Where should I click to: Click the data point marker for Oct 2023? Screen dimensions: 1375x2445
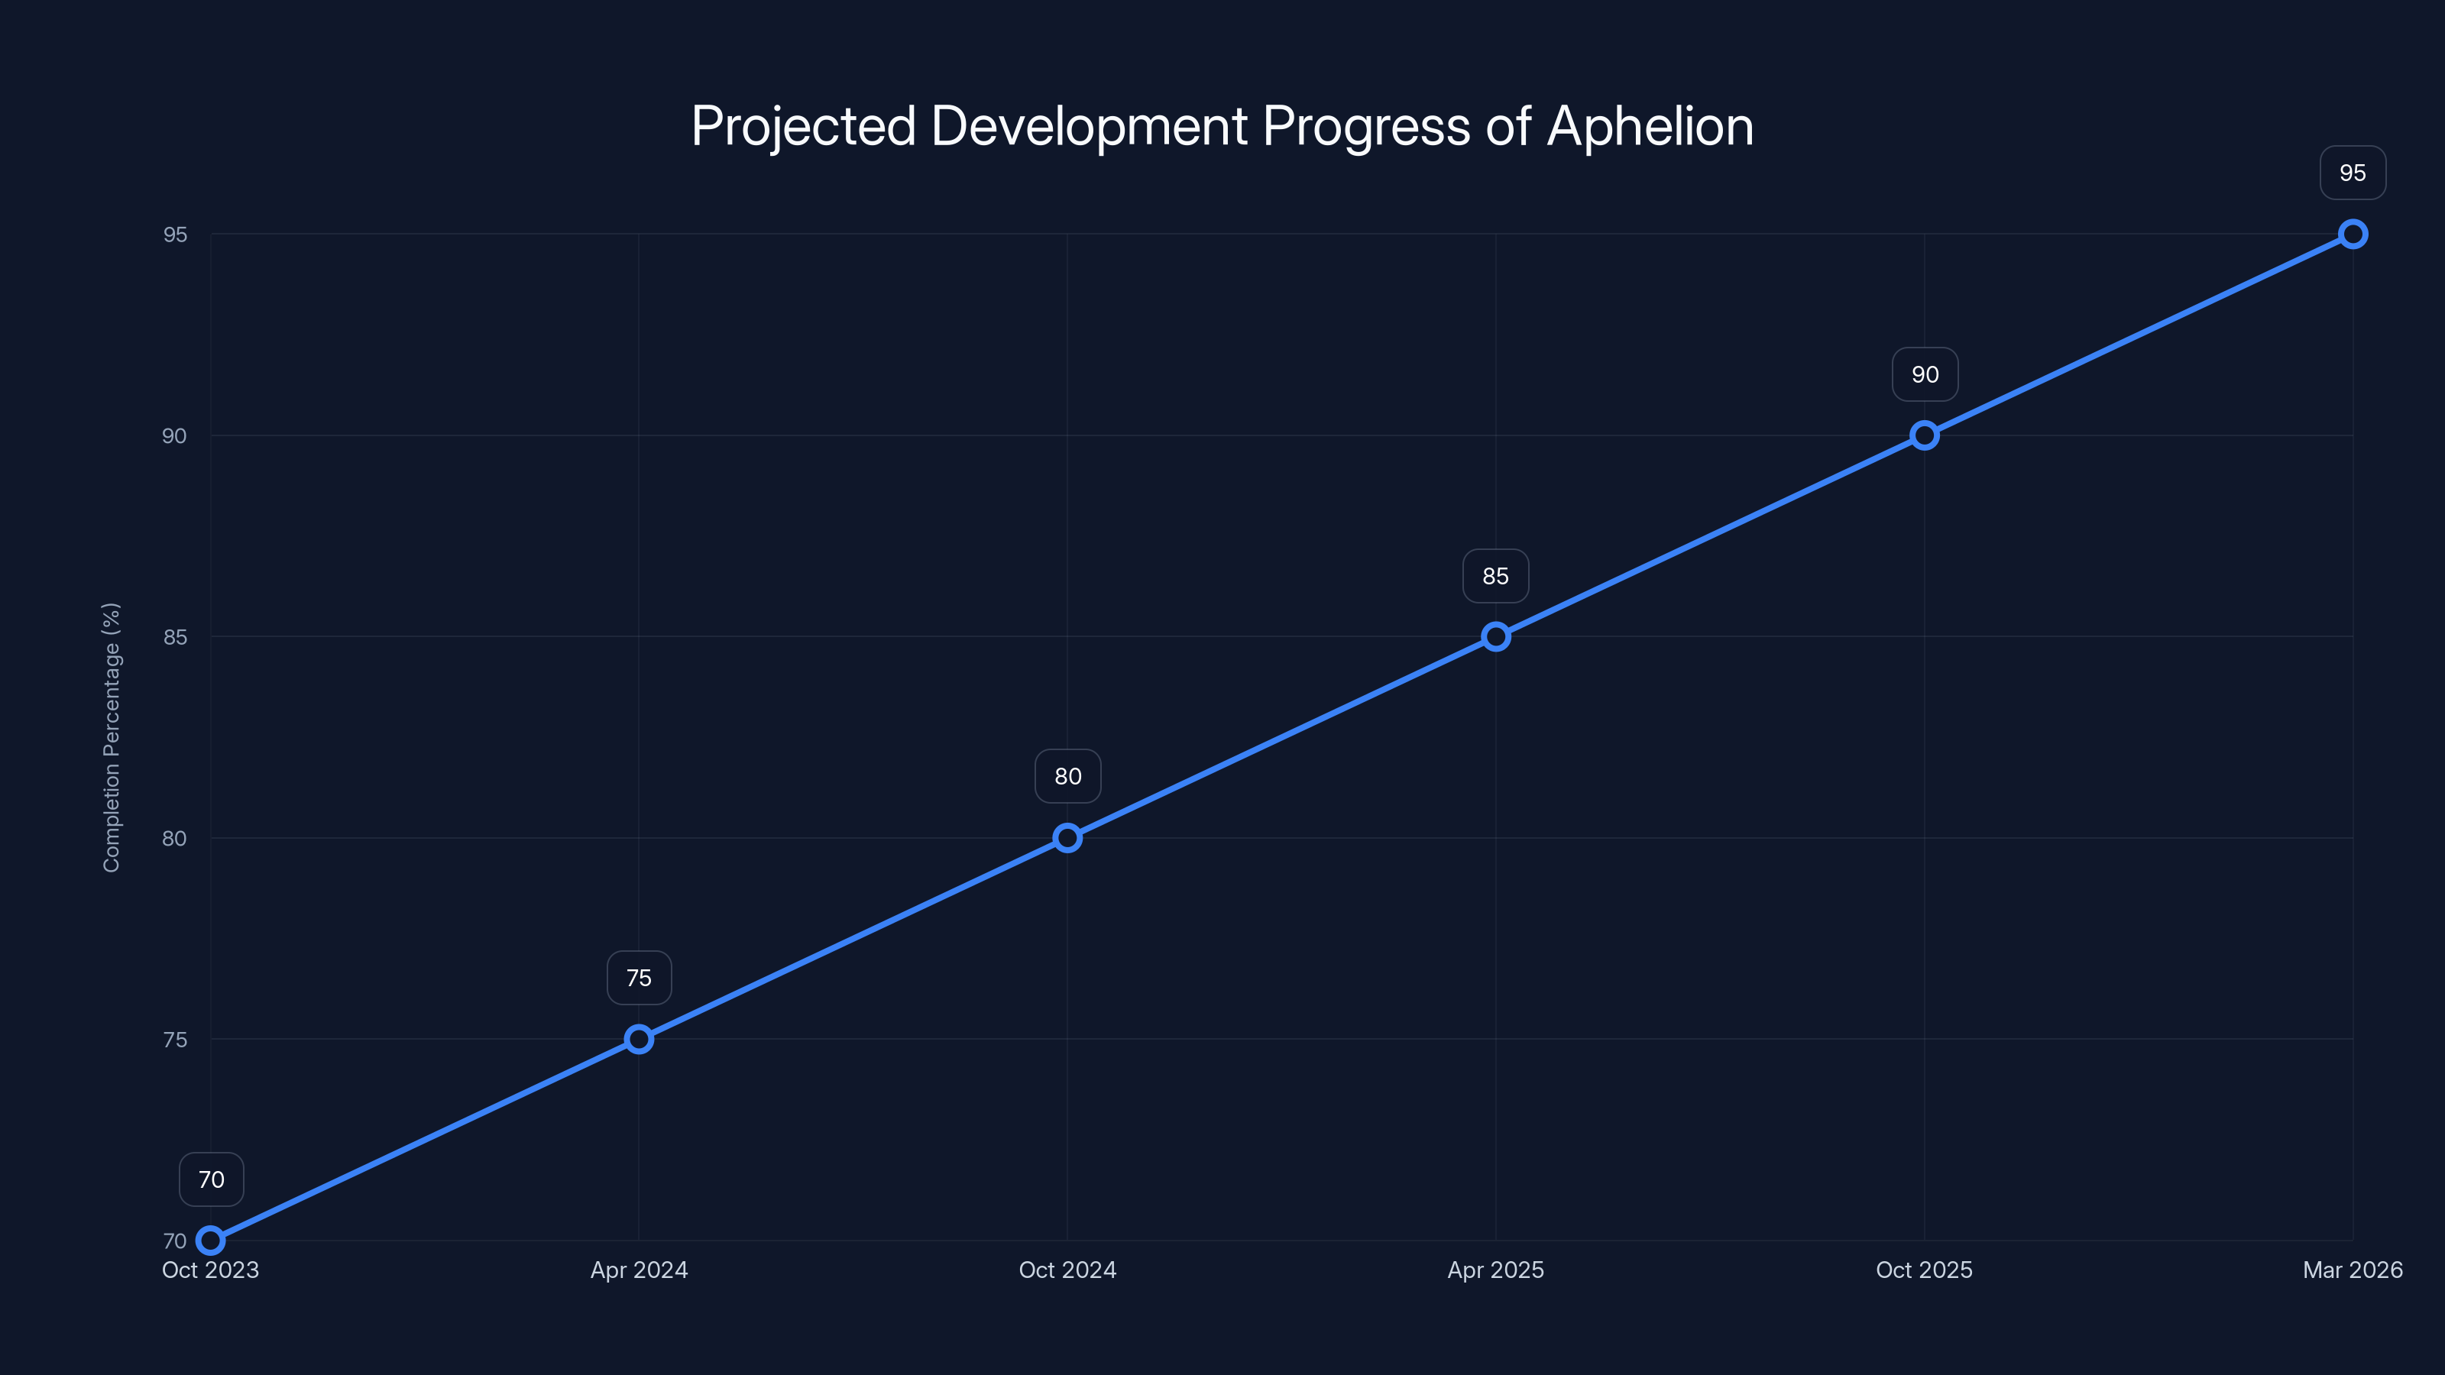(x=210, y=1241)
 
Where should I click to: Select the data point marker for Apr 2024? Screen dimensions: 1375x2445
(x=639, y=1039)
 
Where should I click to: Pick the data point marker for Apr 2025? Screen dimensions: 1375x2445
(x=1496, y=637)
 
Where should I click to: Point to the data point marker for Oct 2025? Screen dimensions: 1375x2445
(x=1924, y=435)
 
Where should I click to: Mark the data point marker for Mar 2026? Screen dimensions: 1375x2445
(x=2353, y=235)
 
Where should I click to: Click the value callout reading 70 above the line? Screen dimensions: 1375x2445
(x=211, y=1179)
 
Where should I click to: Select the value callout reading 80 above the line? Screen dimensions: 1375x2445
(x=1068, y=776)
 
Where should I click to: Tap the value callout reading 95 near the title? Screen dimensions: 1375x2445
(x=2353, y=173)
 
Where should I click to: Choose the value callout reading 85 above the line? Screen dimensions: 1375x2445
(x=1496, y=576)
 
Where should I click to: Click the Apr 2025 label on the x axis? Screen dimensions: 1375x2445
(x=1496, y=1270)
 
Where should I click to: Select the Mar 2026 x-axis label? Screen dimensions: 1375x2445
(x=2353, y=1270)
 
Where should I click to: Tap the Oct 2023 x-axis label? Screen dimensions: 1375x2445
(x=210, y=1270)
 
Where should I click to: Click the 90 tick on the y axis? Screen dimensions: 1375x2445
(x=175, y=435)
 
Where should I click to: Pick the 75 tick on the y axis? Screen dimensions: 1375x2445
(x=175, y=1039)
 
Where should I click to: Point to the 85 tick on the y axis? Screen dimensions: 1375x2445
(x=175, y=637)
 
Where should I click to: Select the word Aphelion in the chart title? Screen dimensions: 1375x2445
(x=1650, y=126)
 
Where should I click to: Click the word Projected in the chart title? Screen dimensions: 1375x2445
(x=803, y=126)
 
